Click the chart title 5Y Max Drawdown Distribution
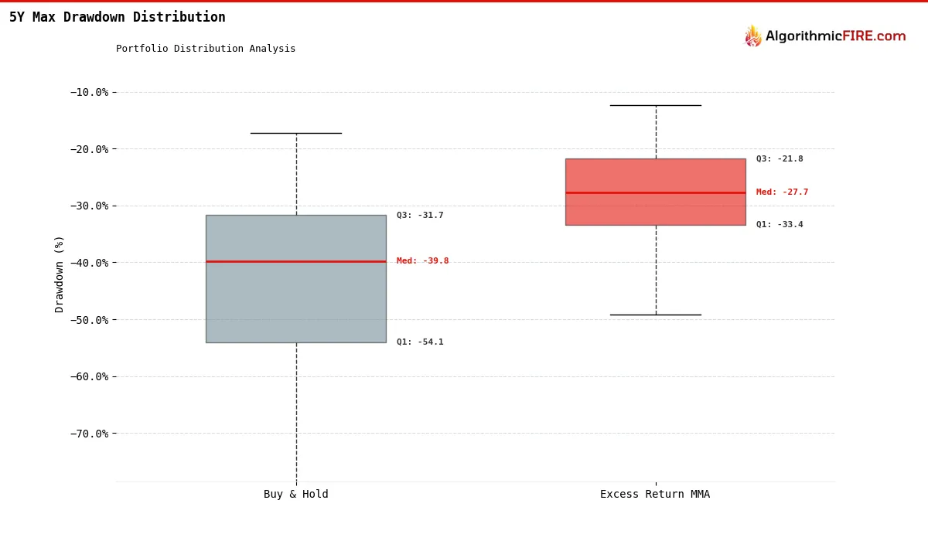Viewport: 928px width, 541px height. (x=118, y=17)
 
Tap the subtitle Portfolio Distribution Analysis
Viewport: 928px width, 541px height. (x=206, y=49)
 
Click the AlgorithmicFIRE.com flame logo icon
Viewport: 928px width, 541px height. (x=752, y=36)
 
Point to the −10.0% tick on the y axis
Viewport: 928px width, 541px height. (x=90, y=92)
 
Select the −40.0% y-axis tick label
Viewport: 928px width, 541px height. (x=90, y=263)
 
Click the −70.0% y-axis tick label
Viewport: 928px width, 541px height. (x=90, y=434)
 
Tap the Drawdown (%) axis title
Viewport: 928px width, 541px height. (x=60, y=274)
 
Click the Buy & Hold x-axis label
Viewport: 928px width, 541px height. (x=295, y=495)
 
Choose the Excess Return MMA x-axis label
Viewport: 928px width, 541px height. (x=655, y=495)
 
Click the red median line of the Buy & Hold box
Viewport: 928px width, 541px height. (x=295, y=261)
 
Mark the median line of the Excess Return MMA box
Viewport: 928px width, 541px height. (x=655, y=192)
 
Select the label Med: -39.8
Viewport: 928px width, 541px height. (x=422, y=261)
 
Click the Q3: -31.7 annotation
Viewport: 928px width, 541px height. (x=420, y=216)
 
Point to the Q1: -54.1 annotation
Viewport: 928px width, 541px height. (x=420, y=342)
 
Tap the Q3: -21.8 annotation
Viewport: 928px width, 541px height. (x=780, y=159)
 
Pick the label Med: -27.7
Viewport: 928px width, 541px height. (x=782, y=192)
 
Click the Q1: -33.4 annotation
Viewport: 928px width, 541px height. (x=780, y=225)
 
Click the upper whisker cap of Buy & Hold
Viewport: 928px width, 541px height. (x=295, y=133)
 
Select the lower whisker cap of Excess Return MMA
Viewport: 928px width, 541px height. (x=655, y=315)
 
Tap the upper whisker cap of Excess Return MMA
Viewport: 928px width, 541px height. (x=655, y=105)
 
